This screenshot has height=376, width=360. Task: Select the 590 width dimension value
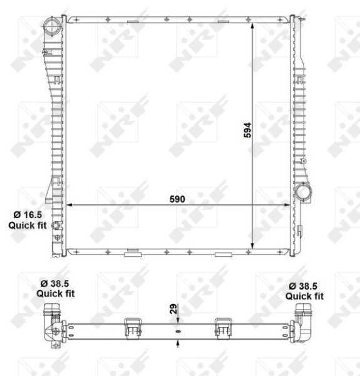tap(178, 199)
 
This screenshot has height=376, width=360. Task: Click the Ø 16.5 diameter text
tap(25, 214)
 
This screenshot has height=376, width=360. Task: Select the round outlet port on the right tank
tap(305, 191)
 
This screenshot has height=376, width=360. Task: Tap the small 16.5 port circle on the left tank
tap(55, 226)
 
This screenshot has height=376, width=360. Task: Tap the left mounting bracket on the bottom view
tap(132, 327)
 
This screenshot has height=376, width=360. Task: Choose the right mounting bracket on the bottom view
tap(224, 327)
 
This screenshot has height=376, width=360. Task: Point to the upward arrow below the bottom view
tap(178, 343)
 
